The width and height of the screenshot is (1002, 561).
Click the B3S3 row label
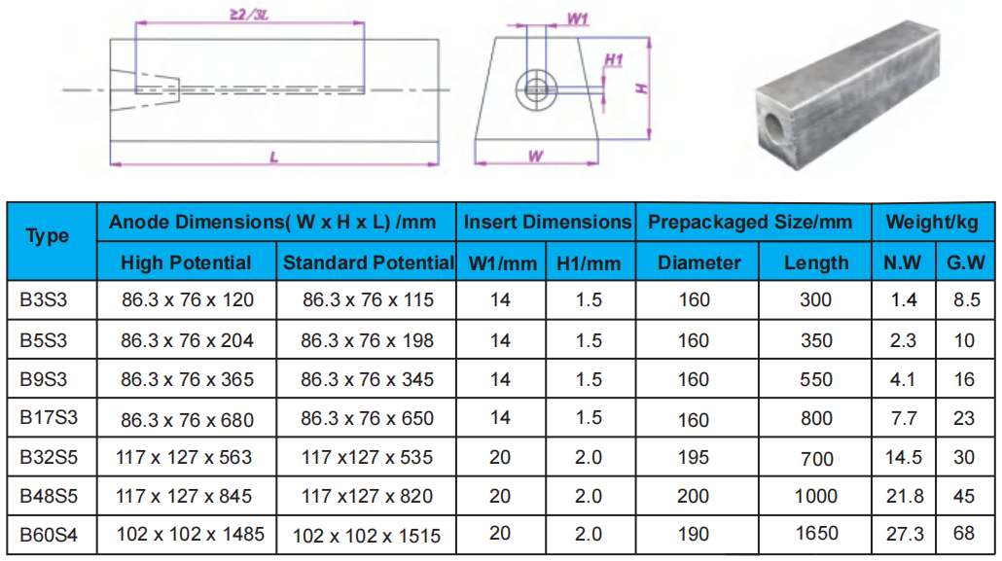click(x=44, y=299)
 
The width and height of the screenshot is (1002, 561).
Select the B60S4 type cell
click(x=49, y=534)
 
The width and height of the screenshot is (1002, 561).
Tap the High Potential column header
click(x=186, y=263)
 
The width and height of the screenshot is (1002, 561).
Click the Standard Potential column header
click(x=368, y=263)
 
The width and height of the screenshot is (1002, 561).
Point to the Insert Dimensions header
click(x=547, y=222)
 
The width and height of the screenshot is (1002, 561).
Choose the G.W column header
click(x=966, y=263)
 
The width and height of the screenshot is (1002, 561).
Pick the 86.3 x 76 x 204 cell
click(x=187, y=340)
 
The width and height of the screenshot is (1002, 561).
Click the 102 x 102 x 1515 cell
click(x=367, y=536)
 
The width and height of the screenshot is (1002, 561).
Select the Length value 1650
click(x=817, y=533)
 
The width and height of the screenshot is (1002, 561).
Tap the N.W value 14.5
click(x=904, y=458)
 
